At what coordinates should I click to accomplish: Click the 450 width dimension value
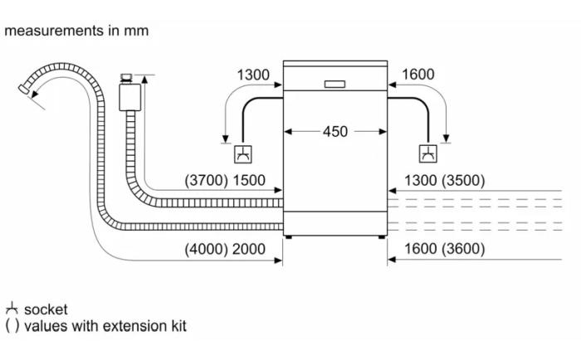pos(335,131)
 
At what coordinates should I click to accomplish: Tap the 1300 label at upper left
pos(253,75)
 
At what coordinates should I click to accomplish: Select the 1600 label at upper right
pos(417,75)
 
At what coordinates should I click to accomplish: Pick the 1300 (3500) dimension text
pos(444,181)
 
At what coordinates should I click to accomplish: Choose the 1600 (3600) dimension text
pos(444,249)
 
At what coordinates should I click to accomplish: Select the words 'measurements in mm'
pos(76,31)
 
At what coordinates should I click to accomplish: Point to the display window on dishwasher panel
pos(335,83)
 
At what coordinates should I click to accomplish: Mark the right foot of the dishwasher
pos(383,238)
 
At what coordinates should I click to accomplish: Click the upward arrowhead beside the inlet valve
pos(146,80)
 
